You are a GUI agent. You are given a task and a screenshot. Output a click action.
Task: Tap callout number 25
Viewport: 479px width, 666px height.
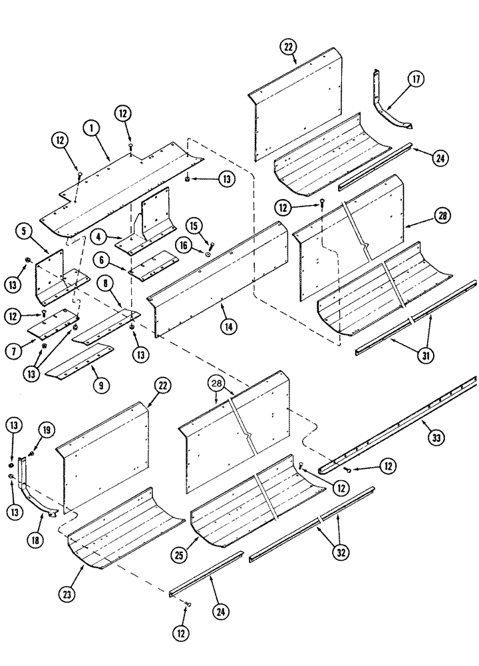pos(424,355)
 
